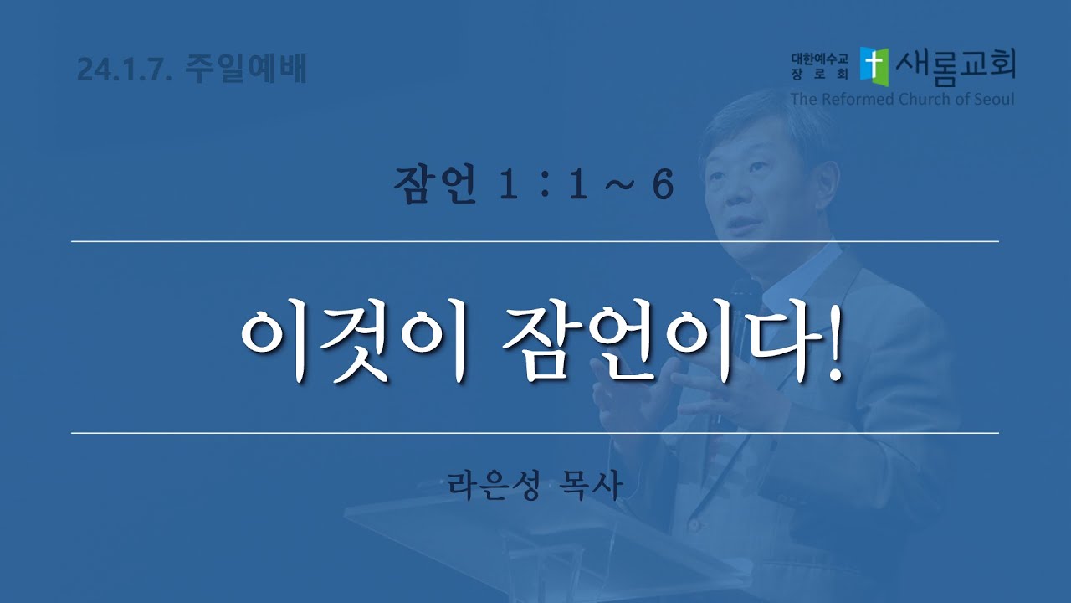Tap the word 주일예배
click(246, 69)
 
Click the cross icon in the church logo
click(874, 67)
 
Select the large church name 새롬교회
click(956, 67)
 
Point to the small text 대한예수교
click(819, 59)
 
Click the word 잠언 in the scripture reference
click(434, 183)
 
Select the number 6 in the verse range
click(663, 183)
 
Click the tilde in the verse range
click(620, 185)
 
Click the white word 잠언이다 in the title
click(658, 345)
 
